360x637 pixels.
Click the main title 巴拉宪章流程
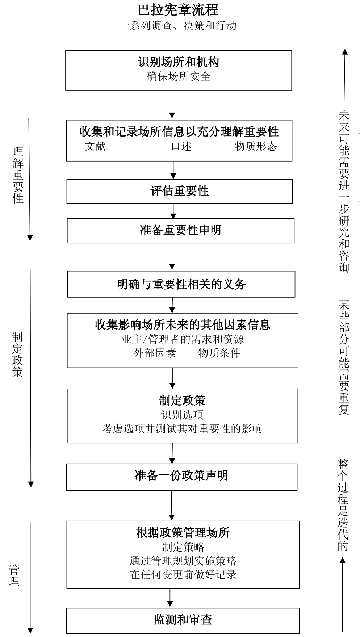pos(178,10)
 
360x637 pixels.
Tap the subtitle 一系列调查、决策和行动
pos(178,26)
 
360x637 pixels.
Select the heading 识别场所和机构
pos(179,62)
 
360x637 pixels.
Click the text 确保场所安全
pos(179,76)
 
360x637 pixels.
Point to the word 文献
pos(95,146)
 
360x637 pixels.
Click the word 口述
pos(181,146)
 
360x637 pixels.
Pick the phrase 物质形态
pos(256,146)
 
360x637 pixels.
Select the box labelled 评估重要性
pos(179,191)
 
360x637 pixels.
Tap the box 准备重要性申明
pos(180,230)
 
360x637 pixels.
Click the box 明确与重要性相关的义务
pos(181,284)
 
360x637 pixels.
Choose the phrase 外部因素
pos(155,353)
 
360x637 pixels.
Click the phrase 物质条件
pos(219,353)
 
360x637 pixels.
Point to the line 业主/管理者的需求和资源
pos(182,339)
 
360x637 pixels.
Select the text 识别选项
pos(182,415)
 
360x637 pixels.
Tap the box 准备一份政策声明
pos(181,475)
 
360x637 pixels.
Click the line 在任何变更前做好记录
pos(183,575)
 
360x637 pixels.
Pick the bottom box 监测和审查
pos(183,620)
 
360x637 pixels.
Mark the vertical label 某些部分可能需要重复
pos(344,357)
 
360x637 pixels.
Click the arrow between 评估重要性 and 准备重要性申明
pos(173,211)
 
